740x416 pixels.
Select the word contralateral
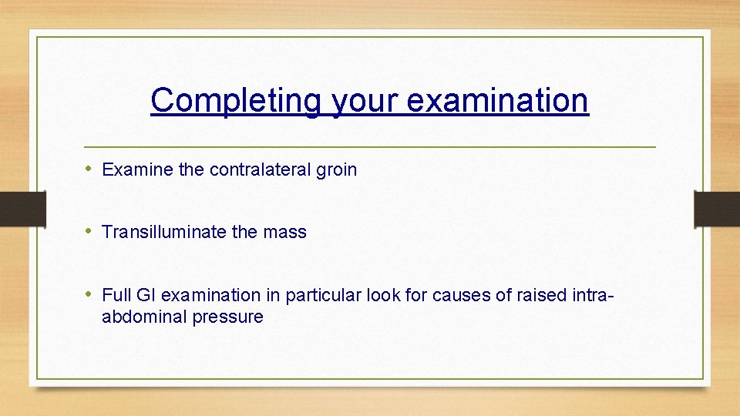260,169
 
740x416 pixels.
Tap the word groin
336,169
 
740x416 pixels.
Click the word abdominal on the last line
137,317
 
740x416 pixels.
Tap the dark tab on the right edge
717,209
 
